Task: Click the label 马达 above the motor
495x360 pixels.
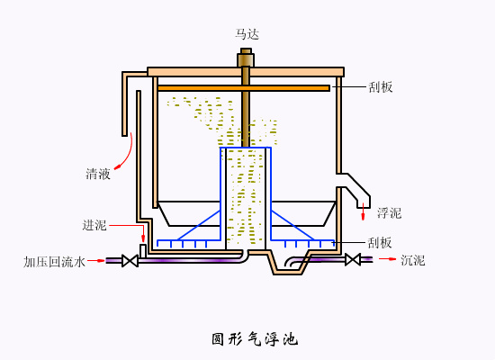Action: pos(247,34)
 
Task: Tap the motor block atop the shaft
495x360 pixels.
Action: pos(246,59)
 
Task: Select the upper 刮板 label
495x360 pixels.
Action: pos(381,87)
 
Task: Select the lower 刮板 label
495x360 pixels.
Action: pos(380,242)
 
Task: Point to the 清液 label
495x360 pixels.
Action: pos(98,174)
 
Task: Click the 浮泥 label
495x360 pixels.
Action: pos(389,213)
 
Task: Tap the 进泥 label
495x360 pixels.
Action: pos(94,225)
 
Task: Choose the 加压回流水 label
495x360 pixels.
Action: pos(55,262)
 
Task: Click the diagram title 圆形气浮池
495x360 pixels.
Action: pos(254,339)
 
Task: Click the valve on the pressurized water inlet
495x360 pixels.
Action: pos(130,261)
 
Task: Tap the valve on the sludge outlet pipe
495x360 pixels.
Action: pos(353,259)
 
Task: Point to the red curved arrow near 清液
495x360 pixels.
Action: pos(126,153)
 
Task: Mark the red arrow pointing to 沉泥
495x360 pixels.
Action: pos(388,259)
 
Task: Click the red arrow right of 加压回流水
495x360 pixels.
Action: pos(98,261)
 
